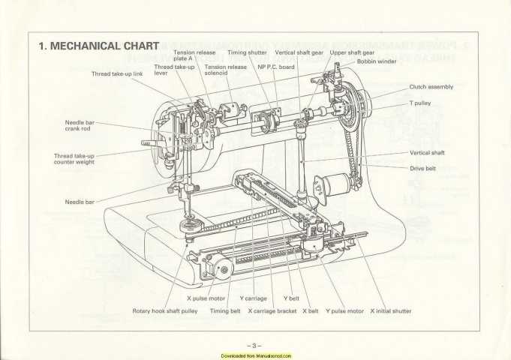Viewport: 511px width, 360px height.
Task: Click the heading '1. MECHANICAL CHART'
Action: [98, 46]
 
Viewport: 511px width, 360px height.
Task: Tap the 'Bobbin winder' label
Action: [377, 61]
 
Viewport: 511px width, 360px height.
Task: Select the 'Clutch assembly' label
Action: [431, 87]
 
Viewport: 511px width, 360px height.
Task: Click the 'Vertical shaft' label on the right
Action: [428, 152]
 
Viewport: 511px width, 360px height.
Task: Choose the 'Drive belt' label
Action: [424, 168]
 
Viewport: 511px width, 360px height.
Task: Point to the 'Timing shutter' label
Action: [247, 53]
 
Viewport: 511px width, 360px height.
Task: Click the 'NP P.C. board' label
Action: [275, 67]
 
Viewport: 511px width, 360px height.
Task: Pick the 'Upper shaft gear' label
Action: [353, 53]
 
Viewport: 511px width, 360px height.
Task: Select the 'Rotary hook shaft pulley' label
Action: [165, 310]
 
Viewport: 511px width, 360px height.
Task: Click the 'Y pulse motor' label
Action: [344, 310]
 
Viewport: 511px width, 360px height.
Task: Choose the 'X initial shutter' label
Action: [390, 310]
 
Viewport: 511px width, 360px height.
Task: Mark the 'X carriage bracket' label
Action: [272, 310]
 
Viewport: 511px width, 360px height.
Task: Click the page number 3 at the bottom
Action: [254, 345]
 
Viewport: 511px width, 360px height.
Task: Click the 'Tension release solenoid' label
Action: [225, 70]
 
